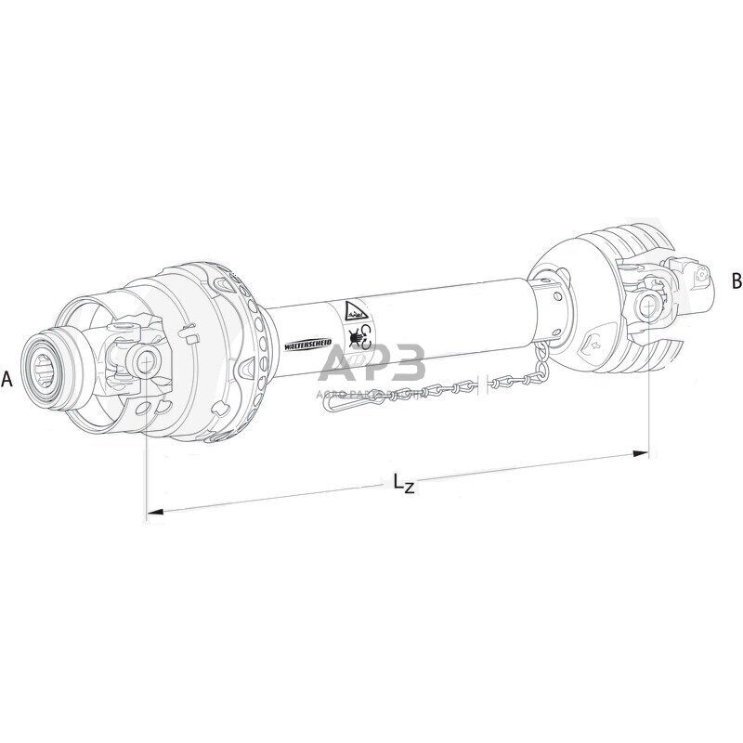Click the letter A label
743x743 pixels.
click(7, 379)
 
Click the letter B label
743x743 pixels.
click(736, 280)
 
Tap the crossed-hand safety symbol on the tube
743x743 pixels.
click(357, 334)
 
